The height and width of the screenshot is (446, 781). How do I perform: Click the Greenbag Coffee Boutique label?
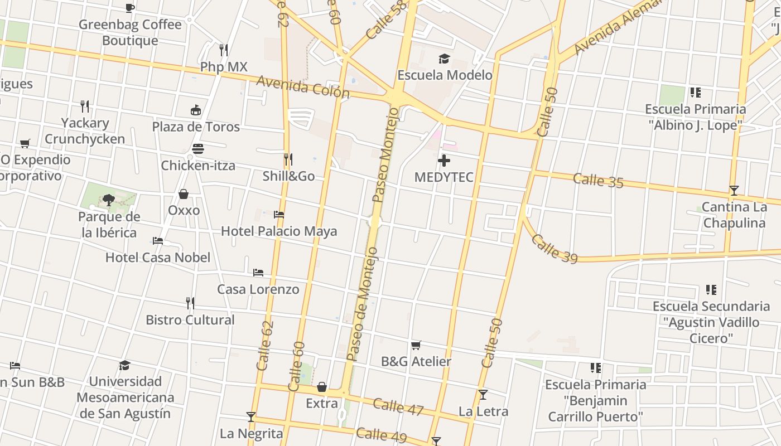tap(130, 32)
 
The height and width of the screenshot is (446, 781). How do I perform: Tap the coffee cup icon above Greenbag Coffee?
tap(130, 8)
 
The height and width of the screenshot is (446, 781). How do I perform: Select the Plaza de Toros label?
tap(196, 127)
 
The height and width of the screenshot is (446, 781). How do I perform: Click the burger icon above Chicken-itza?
tap(198, 149)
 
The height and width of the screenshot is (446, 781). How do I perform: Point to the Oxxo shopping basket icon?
tap(184, 194)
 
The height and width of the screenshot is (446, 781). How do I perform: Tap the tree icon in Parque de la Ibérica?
tap(108, 200)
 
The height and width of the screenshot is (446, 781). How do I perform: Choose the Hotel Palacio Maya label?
tap(279, 231)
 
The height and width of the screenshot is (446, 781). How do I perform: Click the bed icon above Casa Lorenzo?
tap(258, 273)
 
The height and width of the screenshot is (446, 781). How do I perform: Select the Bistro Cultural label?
tap(190, 320)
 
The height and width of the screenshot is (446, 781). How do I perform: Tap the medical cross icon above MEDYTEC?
tap(444, 161)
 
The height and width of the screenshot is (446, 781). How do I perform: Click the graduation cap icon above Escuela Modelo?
tap(444, 59)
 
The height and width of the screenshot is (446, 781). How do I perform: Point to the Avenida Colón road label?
tap(303, 88)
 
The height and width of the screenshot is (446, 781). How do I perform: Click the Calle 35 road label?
tap(598, 180)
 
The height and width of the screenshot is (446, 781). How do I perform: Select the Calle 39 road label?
tap(553, 248)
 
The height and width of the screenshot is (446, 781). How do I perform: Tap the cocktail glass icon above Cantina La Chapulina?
tap(734, 191)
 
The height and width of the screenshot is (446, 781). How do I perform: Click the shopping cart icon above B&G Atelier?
tap(416, 346)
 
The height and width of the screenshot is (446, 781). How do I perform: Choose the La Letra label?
tap(483, 411)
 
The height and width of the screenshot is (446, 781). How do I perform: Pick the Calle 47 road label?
tap(398, 407)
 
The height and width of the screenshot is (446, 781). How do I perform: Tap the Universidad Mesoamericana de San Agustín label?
tap(125, 397)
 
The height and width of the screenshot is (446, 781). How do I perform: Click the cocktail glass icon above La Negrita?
tap(251, 417)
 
